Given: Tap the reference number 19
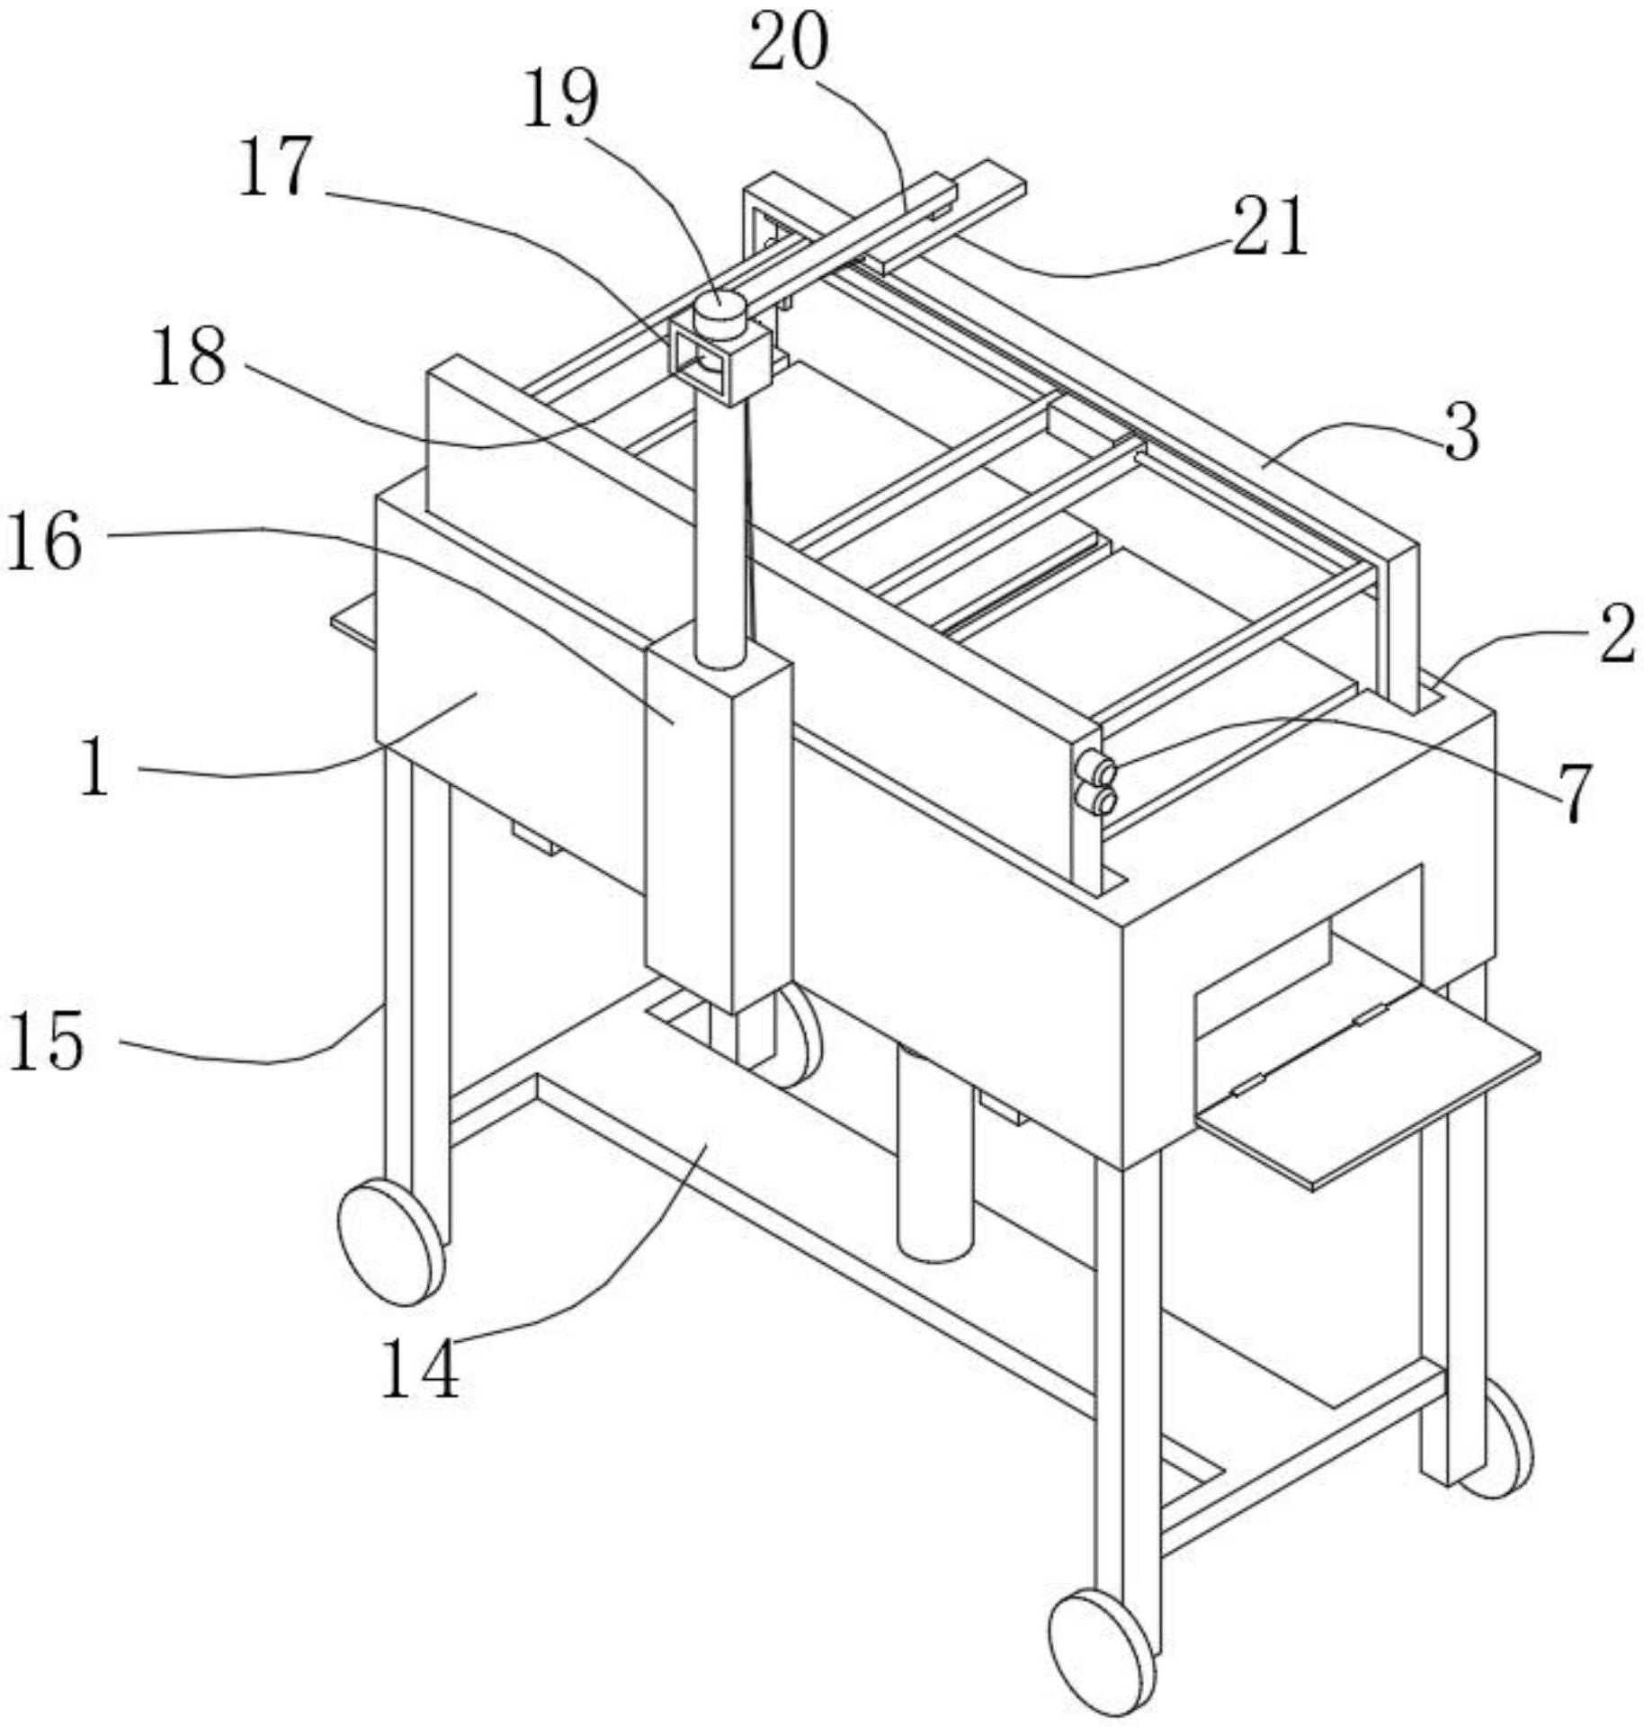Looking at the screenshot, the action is click(560, 100).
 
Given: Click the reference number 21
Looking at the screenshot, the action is click(1268, 227).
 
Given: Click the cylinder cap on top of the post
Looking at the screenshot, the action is click(719, 316).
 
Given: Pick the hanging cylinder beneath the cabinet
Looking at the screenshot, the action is click(935, 1154).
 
